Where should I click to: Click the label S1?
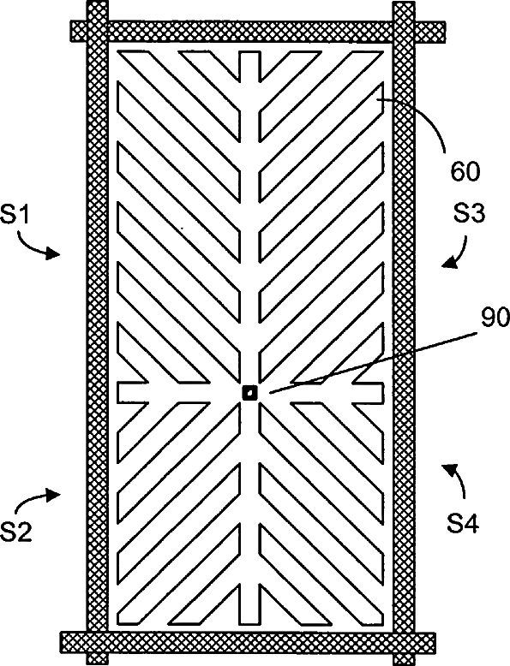15,216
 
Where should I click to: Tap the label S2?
16,532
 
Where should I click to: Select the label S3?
469,215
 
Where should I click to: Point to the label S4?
463,523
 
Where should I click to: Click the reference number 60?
465,172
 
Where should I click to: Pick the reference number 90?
495,318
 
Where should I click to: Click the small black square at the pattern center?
249,392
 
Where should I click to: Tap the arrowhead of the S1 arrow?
53,253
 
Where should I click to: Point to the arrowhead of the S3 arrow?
449,264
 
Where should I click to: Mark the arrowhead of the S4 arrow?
449,470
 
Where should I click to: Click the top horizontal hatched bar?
258,32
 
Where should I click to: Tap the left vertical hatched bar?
98,333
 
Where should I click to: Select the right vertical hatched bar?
403,333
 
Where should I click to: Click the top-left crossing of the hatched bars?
98,32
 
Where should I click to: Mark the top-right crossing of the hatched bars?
403,32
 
